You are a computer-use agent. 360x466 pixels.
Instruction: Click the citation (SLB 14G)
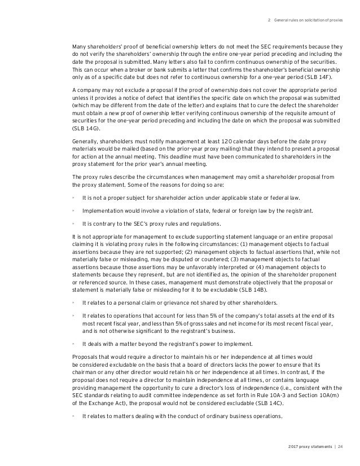click(84, 128)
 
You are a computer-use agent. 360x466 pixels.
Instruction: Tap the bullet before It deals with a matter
click(74, 342)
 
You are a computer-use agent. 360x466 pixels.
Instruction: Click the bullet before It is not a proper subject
click(74, 197)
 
